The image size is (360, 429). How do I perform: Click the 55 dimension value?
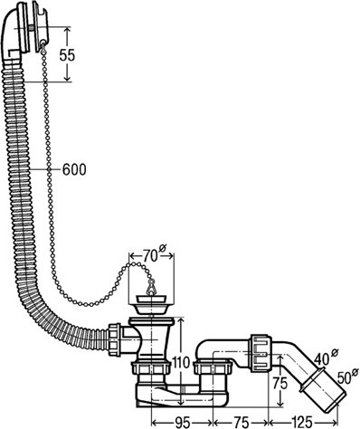(x=67, y=55)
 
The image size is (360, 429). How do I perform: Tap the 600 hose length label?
(x=74, y=169)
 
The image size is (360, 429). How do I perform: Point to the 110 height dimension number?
(x=181, y=361)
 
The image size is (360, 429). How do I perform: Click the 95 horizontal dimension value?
(x=183, y=422)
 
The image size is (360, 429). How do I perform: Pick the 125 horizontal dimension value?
(x=302, y=422)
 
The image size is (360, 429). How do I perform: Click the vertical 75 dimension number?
(x=280, y=384)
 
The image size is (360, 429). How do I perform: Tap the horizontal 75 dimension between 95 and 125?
(x=241, y=422)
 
